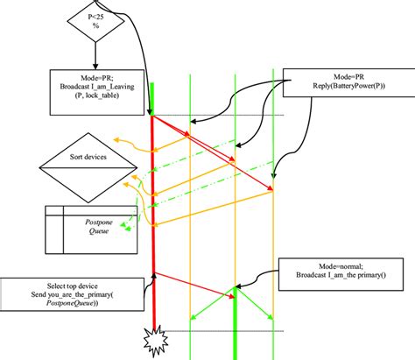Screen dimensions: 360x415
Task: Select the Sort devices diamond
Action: [87, 161]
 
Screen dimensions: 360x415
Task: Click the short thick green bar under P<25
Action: [152, 97]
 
